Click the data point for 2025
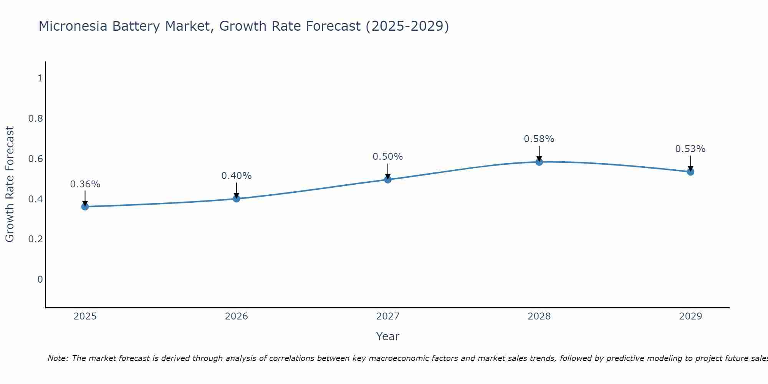pos(85,207)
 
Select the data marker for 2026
pos(236,199)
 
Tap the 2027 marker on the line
pos(387,179)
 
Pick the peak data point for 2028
pos(539,162)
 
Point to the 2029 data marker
pos(690,172)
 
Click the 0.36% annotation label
pos(85,184)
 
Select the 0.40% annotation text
pos(236,176)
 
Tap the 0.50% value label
pos(387,157)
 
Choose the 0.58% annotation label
pos(539,139)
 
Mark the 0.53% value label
pos(690,149)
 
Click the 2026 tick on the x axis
pos(236,316)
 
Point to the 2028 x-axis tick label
pos(539,316)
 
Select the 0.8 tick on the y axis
pos(35,119)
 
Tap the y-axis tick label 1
pos(40,78)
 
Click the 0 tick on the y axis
pos(40,280)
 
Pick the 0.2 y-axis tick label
pos(35,239)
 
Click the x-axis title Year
pos(387,336)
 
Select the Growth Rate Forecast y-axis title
pos(10,184)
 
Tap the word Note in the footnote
pos(58,358)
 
